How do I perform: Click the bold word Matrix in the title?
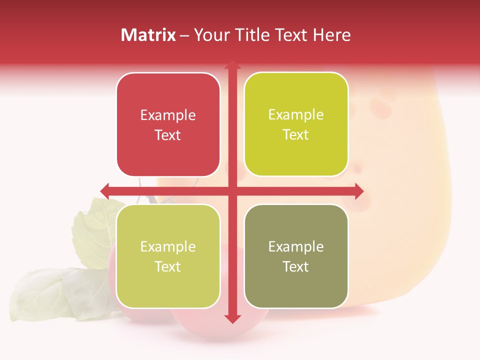pyautogui.click(x=148, y=35)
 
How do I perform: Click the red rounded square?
pyautogui.click(x=168, y=124)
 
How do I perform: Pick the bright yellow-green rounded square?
pyautogui.click(x=296, y=124)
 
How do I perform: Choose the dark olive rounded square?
pyautogui.click(x=296, y=256)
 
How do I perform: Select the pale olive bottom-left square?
pyautogui.click(x=168, y=256)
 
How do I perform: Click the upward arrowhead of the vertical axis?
pyautogui.click(x=232, y=65)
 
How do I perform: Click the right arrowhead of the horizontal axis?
pyautogui.click(x=359, y=190)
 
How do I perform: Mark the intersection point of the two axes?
pyautogui.click(x=232, y=190)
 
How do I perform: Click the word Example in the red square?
pyautogui.click(x=168, y=115)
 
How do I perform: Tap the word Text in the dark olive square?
pyautogui.click(x=296, y=267)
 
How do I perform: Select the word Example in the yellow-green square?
pyautogui.click(x=296, y=115)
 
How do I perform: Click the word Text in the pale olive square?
pyautogui.click(x=168, y=267)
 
